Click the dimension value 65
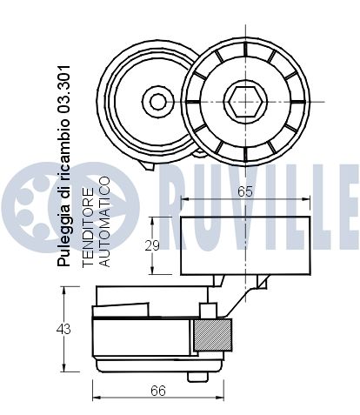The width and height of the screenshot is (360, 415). click(245, 191)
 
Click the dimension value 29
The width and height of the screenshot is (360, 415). click(152, 245)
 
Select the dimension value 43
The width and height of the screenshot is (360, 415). click(63, 329)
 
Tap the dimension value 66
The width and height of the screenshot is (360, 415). click(158, 391)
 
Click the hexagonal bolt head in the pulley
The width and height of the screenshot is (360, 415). click(245, 101)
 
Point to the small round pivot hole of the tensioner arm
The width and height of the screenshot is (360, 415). click(158, 102)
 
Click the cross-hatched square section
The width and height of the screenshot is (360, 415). click(212, 335)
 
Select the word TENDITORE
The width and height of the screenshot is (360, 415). click(88, 227)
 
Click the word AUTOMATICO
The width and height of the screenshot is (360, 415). click(104, 222)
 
